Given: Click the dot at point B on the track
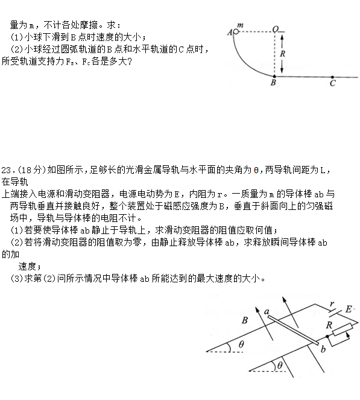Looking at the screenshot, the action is point(274,77).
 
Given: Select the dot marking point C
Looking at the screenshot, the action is point(332,77).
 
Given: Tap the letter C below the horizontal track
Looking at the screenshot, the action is point(332,84).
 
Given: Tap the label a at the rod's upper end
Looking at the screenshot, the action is point(267,311).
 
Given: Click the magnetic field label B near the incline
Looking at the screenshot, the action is point(244,320).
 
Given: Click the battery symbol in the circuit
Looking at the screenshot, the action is point(335,313).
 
